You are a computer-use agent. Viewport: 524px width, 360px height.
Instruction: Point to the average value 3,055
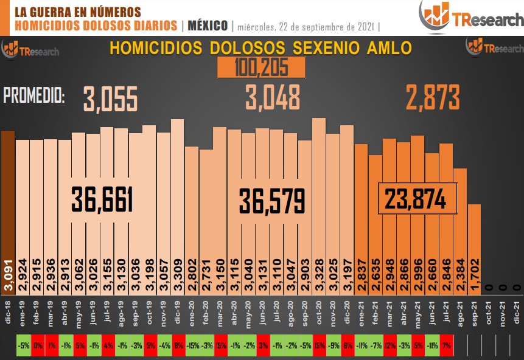pyautogui.click(x=111, y=98)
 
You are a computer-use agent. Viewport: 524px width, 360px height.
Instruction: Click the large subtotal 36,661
pyautogui.click(x=102, y=199)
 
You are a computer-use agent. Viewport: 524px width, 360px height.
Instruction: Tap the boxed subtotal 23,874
pyautogui.click(x=417, y=198)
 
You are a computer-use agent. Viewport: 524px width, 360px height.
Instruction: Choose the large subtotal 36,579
pyautogui.click(x=272, y=201)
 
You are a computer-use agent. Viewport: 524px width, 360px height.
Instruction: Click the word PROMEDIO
pyautogui.click(x=34, y=95)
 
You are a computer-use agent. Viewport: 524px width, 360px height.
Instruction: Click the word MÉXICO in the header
pyautogui.click(x=208, y=26)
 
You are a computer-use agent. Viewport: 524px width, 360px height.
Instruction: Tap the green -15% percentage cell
pyautogui.click(x=192, y=345)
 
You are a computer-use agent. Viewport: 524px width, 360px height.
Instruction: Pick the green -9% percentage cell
pyautogui.click(x=333, y=345)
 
